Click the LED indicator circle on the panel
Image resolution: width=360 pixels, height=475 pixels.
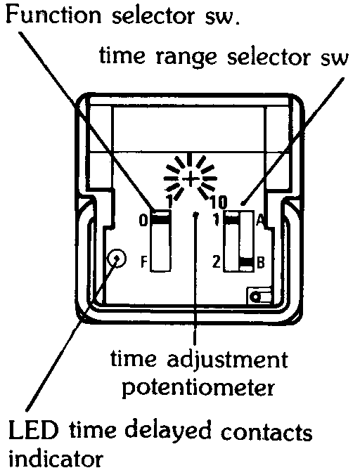pos(117,259)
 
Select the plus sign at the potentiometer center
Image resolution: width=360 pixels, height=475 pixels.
pos(191,179)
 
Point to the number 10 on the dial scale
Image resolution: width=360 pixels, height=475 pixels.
pos(218,202)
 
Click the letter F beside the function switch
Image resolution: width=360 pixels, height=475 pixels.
pos(144,261)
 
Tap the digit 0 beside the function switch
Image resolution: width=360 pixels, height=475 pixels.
pos(143,221)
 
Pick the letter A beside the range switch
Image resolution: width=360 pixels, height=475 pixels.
pos(259,220)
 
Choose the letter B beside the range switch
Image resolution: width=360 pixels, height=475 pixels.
pos(261,263)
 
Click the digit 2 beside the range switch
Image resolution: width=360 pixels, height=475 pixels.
pos(216,261)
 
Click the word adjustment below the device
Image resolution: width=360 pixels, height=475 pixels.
pos(227,360)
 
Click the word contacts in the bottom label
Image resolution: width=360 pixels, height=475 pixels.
pos(266,431)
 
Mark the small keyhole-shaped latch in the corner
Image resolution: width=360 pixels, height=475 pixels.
pos(259,296)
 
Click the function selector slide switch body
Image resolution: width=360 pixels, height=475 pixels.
pos(160,240)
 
